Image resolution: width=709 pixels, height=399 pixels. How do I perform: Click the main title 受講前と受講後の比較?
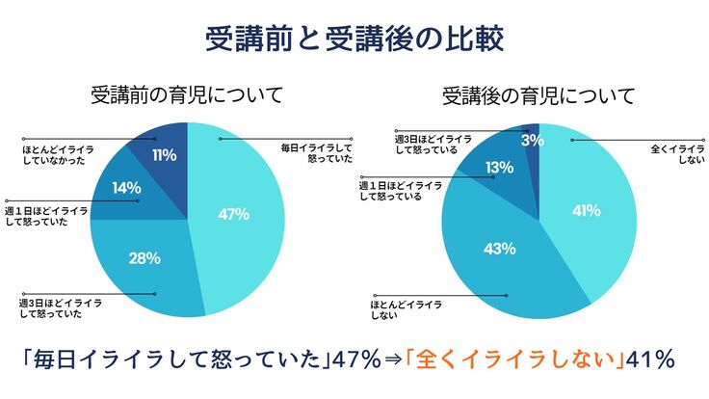click(354, 39)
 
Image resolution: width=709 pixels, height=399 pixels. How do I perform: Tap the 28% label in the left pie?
click(144, 257)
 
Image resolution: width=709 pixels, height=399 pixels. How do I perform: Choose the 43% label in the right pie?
click(498, 248)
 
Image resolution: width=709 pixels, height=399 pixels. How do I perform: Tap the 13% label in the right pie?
click(498, 169)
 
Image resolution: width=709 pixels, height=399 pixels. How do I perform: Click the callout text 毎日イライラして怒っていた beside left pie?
click(317, 153)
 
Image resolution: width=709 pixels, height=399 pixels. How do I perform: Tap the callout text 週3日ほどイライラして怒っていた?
click(60, 308)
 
